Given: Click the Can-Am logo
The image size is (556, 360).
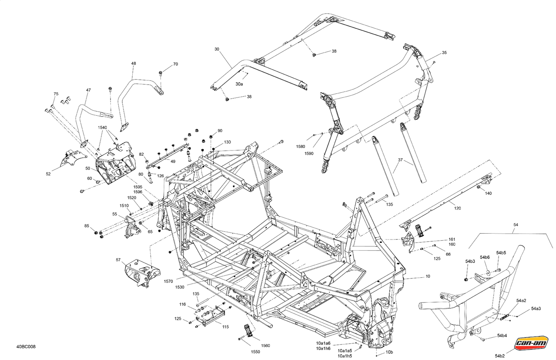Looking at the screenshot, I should coord(531,344).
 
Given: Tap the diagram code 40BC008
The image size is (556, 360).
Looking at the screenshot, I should coord(26,347).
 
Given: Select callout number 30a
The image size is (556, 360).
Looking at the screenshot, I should coord(239,84).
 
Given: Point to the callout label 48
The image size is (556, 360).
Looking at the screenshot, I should coord(133,63).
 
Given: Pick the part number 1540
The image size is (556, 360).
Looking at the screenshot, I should coord(102,128).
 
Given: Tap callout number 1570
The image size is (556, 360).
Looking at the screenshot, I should coord(169,281).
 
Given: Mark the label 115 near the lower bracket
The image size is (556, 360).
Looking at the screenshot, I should coord(225,327).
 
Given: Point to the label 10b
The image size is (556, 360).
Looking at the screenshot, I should coord(389,352).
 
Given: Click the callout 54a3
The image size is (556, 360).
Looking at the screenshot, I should coord(536,308).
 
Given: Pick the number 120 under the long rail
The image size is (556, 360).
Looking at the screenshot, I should coord(457,208).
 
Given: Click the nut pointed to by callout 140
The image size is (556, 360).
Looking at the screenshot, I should coord(478,187).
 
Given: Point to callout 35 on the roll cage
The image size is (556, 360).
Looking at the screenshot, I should coord(444,53).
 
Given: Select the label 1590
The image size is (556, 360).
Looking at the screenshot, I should coord(309,153).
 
